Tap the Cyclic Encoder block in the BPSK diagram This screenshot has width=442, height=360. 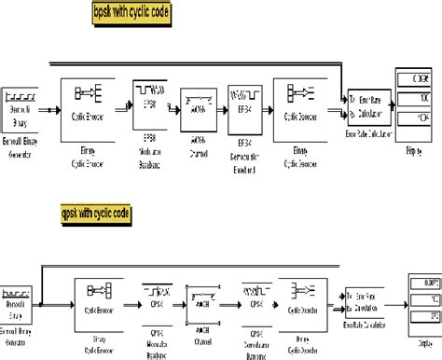tap(87, 104)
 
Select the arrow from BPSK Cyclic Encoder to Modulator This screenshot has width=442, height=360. tap(123, 106)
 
